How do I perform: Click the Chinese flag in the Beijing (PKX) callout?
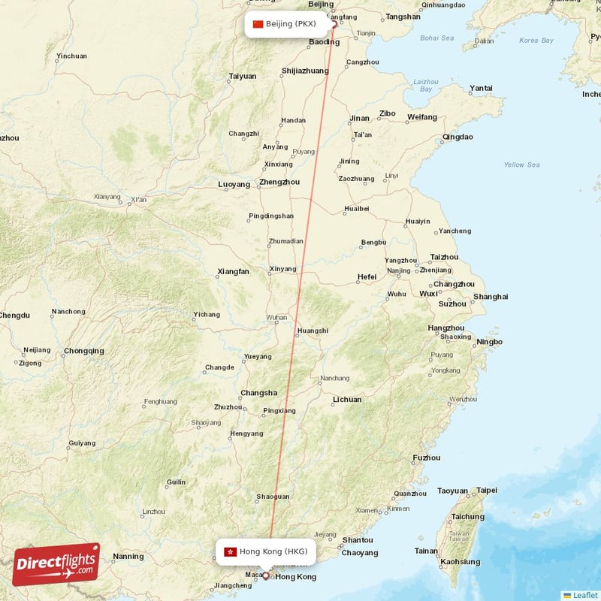coord(258,24)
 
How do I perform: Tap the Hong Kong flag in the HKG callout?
coord(231,551)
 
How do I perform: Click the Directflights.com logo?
coord(56,564)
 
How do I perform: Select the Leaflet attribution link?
coord(584,595)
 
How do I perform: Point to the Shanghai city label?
coord(491,297)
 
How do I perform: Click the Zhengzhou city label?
coord(279,182)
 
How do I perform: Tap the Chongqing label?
coord(84,351)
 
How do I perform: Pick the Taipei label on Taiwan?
coord(487,490)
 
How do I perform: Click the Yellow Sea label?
coord(521,165)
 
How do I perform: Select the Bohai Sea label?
coord(437,38)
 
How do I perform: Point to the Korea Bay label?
coord(536,40)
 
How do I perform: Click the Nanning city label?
coord(128,557)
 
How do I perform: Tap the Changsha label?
coord(258,393)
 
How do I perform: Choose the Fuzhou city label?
coord(427,458)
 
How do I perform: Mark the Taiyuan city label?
coord(242,76)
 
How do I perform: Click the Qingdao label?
coord(458,137)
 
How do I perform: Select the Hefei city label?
coord(367,276)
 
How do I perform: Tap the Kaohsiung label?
coord(460,561)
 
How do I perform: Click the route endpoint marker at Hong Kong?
coord(265,576)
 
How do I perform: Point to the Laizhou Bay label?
coord(425,85)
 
